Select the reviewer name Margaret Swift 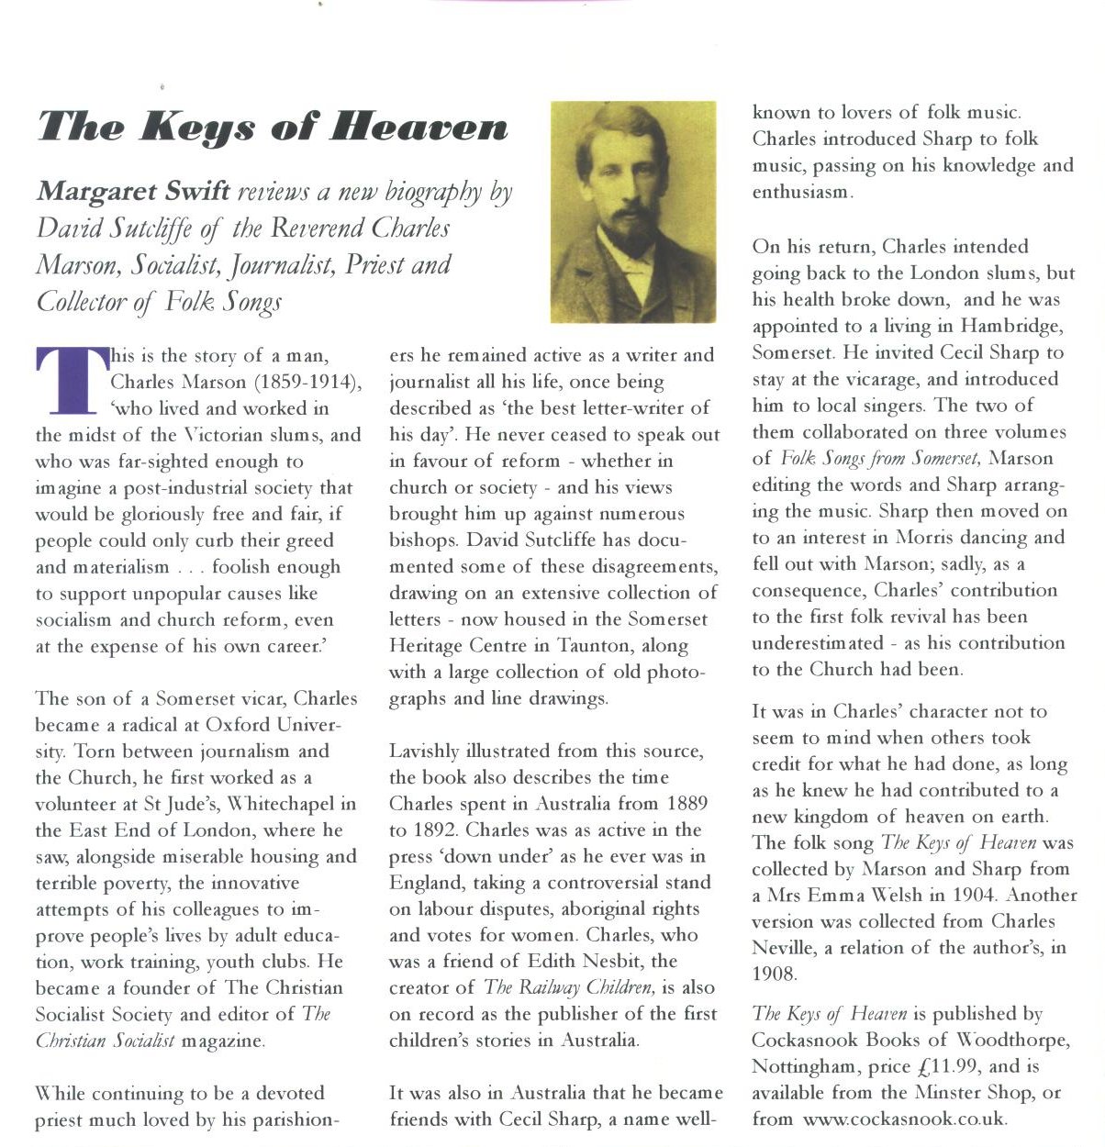pos(132,192)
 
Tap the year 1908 pos(775,974)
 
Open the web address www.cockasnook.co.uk pos(904,1119)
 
